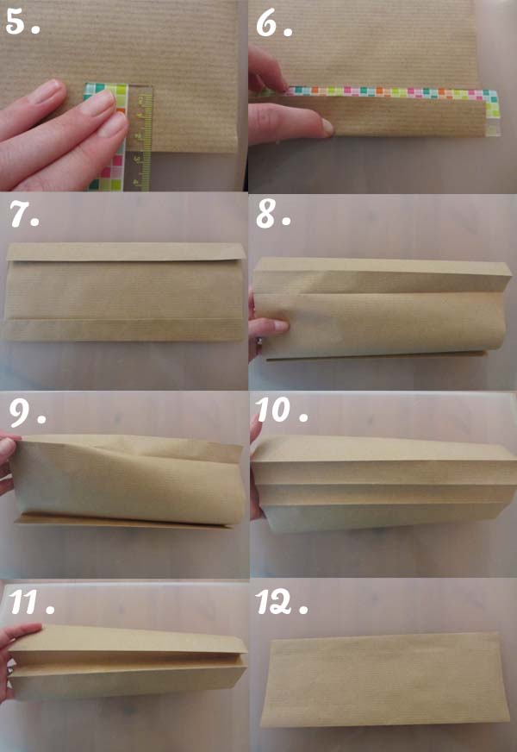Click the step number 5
(22, 23)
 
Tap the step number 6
(274, 24)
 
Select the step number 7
(24, 215)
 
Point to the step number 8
(273, 215)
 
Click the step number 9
(28, 413)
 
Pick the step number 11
(31, 602)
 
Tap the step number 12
(281, 602)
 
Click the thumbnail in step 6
(327, 127)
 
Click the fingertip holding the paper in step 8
(277, 327)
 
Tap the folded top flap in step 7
(126, 252)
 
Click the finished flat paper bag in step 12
(385, 680)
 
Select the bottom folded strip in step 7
(125, 329)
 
